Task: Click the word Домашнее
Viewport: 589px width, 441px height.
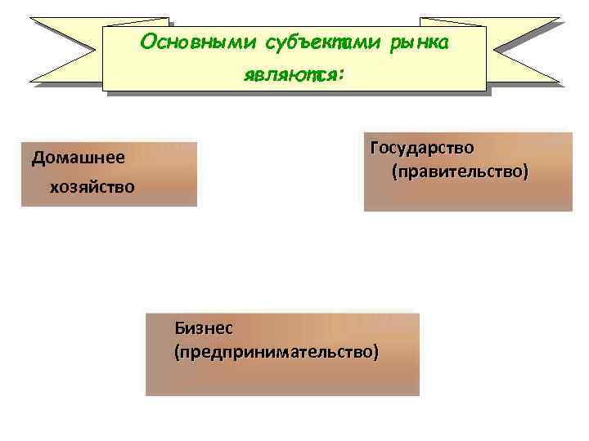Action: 79,158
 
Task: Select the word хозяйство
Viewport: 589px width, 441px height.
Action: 92,188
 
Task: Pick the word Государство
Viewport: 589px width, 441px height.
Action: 421,149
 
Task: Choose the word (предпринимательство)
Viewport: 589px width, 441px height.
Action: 277,352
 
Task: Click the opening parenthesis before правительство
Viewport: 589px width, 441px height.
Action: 394,173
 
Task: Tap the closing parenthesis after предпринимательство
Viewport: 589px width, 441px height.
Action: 376,352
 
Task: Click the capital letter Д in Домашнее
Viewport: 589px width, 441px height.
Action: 38,158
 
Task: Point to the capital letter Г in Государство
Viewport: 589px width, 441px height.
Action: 375,148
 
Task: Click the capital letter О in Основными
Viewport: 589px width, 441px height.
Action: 147,42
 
